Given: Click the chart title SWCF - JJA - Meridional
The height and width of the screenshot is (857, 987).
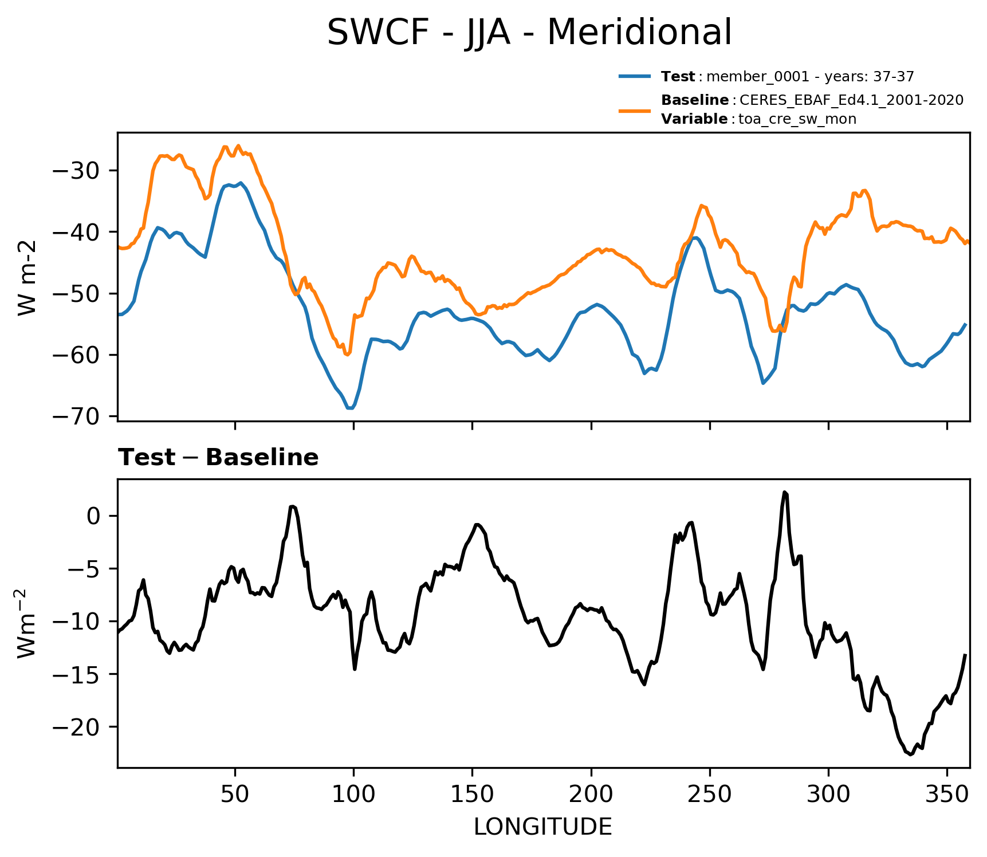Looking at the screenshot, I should (x=529, y=33).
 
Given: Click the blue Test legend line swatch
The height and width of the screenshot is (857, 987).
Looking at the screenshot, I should (x=635, y=76).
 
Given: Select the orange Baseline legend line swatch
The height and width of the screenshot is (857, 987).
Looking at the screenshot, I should (x=635, y=109).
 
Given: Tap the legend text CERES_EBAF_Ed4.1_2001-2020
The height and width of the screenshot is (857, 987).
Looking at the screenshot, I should (x=851, y=100).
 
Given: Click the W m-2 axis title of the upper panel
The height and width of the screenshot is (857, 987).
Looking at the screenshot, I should (x=27, y=277).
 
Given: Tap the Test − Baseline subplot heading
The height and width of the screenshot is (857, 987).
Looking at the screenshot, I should (x=218, y=458).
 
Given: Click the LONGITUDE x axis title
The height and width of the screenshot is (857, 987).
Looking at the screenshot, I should (x=543, y=827).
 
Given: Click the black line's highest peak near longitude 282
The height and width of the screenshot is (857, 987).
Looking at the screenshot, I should (x=785, y=492).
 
